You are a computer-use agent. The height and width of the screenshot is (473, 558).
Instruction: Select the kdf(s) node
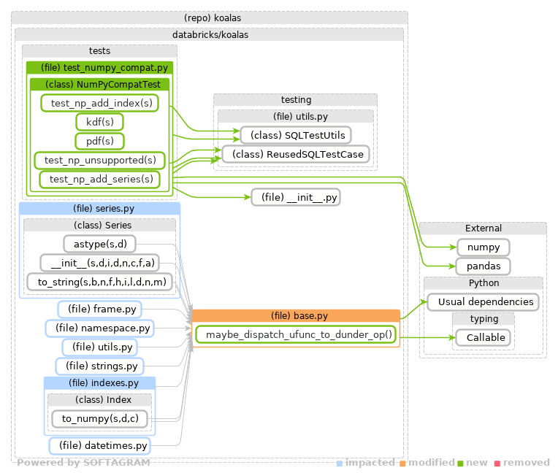coord(99,122)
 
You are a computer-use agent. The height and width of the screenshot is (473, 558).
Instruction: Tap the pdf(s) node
coord(99,141)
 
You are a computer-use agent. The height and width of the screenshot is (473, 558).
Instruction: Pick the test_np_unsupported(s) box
coord(100,160)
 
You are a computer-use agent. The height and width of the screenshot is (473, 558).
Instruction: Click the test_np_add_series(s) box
coord(100,179)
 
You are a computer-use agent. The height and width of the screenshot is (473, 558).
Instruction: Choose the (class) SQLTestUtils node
coord(296,135)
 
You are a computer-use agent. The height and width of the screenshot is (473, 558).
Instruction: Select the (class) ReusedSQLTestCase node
coord(296,154)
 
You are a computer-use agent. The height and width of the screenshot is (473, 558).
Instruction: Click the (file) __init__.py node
coord(296,197)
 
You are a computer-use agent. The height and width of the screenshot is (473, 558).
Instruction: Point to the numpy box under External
coord(484,247)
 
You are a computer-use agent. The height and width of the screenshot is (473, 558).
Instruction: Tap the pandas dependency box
coord(484,266)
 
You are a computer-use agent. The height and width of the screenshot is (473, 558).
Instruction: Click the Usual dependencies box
coord(484,301)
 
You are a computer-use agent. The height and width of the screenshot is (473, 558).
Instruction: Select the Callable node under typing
coord(484,337)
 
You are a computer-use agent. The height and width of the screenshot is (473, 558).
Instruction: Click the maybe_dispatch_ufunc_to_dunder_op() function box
coord(298,335)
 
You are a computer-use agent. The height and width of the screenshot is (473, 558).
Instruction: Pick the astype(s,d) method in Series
coord(100,244)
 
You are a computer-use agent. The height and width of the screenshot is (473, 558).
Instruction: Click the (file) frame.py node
coord(100,309)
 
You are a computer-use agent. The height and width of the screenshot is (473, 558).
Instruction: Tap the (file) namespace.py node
coord(100,328)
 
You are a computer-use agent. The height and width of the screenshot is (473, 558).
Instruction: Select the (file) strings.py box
coord(100,366)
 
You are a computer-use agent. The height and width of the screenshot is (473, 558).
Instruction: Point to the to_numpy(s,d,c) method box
coord(100,419)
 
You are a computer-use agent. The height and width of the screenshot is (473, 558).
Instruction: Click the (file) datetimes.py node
coord(100,445)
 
